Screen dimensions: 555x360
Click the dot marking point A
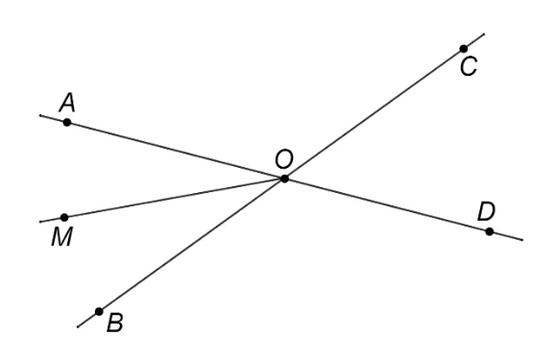click(x=67, y=123)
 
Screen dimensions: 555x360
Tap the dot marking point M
click(x=64, y=217)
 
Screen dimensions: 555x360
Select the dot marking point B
click(x=99, y=311)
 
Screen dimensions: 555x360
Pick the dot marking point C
click(x=464, y=49)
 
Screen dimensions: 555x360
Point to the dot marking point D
click(x=489, y=231)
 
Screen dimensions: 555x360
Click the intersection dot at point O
click(x=284, y=179)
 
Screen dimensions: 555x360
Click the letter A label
click(x=67, y=103)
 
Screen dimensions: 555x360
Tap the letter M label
click(x=62, y=236)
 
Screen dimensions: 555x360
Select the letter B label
click(x=114, y=323)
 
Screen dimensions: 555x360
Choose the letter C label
click(x=469, y=66)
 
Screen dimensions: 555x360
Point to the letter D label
click(x=486, y=212)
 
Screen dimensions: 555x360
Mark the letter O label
click(x=284, y=159)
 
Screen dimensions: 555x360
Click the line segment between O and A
click(x=176, y=151)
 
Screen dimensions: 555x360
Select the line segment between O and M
click(x=174, y=198)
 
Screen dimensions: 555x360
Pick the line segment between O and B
click(x=192, y=246)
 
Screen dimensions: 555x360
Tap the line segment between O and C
click(x=374, y=113)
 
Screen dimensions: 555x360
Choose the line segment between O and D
click(x=387, y=205)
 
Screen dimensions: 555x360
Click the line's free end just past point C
click(x=484, y=34)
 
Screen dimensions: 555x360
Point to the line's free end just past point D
click(x=522, y=240)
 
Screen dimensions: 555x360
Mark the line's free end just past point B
click(x=78, y=327)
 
